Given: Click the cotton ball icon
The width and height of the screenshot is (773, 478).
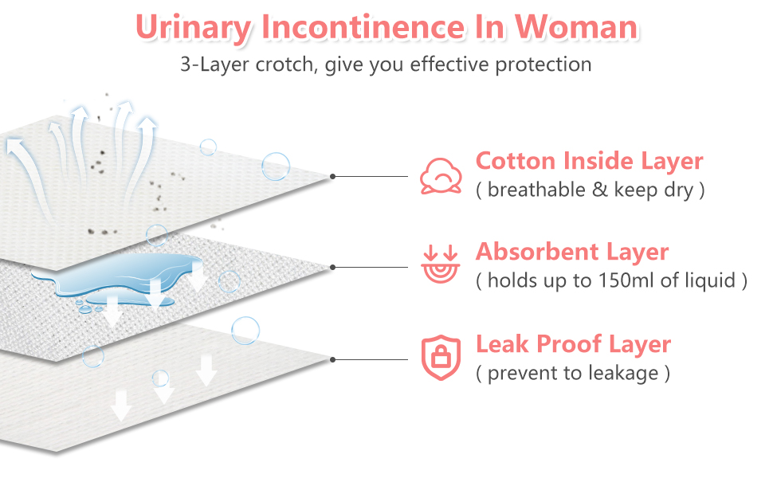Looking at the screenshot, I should pos(441,176).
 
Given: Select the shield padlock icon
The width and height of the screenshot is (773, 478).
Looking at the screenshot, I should pos(441,358).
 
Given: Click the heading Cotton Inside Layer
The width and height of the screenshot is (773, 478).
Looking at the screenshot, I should pos(589,161).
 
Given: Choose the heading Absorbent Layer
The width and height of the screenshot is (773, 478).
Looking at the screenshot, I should pos(571,252).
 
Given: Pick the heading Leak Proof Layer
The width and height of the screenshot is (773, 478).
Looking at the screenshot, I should pos(573,344).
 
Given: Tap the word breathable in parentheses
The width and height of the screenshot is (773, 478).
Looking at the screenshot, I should pos(531,190).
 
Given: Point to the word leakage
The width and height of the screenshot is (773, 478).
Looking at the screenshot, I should pos(621,373).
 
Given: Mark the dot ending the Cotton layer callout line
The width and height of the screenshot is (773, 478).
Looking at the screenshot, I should pos(333,176).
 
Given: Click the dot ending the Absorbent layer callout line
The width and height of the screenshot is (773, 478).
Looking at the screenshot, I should pos(333,267).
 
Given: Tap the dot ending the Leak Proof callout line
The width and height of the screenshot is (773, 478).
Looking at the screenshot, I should pos(333,359).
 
